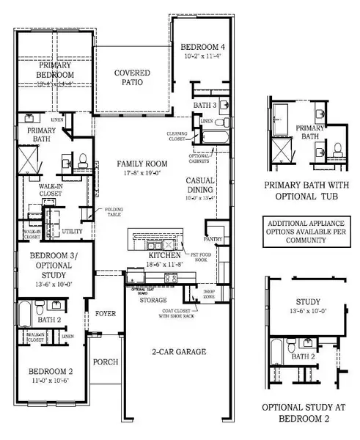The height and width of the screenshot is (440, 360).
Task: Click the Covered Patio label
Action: coord(132,78)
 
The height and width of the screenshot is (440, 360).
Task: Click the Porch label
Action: coord(105,362)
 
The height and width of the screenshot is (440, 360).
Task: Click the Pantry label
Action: coord(213,239)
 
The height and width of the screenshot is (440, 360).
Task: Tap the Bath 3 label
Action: coord(203,106)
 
